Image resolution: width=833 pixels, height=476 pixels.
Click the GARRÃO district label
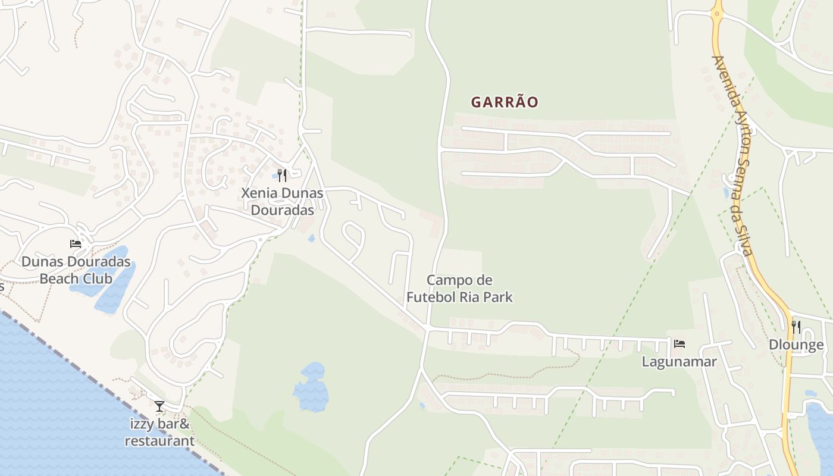tap(505, 102)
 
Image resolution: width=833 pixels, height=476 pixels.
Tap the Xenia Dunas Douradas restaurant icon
tap(282, 175)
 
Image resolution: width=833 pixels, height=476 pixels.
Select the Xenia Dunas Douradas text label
tap(282, 201)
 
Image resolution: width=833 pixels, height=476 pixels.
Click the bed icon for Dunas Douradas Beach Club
tap(76, 243)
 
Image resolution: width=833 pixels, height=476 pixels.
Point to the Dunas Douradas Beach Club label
tap(76, 270)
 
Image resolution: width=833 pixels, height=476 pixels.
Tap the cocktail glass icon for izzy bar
tap(159, 406)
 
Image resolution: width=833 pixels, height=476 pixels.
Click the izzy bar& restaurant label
tap(159, 433)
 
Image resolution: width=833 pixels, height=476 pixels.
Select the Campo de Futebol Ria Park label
tap(461, 289)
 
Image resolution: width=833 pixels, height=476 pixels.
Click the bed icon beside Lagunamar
tap(679, 343)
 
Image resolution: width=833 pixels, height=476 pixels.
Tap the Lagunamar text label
tap(679, 361)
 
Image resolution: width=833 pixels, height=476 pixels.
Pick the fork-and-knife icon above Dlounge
tap(796, 327)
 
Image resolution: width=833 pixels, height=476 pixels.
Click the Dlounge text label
tap(796, 345)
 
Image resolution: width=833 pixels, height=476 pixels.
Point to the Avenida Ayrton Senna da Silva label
tap(734, 155)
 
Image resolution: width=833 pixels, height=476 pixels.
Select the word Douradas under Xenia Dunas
tap(282, 210)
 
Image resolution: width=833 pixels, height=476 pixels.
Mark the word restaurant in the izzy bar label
tap(159, 441)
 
